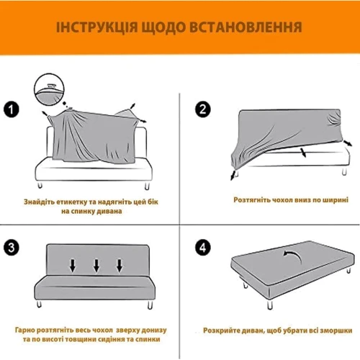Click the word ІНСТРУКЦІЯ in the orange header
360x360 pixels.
click(x=96, y=27)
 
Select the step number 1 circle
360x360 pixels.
click(x=12, y=109)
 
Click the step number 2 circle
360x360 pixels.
click(x=203, y=109)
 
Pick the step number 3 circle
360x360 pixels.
click(x=12, y=248)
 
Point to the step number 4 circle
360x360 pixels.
click(x=203, y=248)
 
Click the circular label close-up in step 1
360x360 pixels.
click(x=50, y=89)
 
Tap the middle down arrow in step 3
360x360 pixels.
click(x=96, y=266)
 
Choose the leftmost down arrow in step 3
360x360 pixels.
click(x=73, y=266)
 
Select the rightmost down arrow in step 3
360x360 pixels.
click(x=120, y=266)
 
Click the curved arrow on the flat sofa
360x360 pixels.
click(x=292, y=256)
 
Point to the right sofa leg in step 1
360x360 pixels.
click(x=147, y=186)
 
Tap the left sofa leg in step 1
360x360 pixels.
click(x=40, y=185)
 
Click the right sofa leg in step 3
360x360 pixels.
click(x=150, y=305)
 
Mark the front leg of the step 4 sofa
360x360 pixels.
click(x=270, y=305)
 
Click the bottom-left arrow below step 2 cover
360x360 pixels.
click(x=233, y=175)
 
